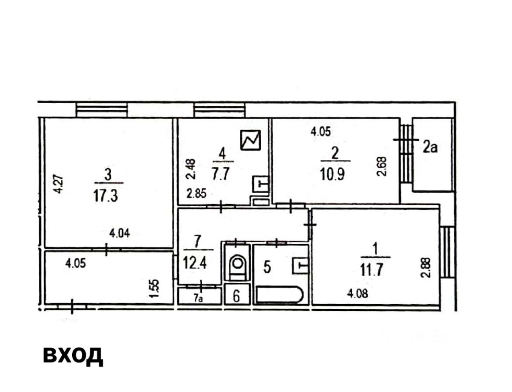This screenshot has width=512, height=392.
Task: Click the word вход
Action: coord(73,355)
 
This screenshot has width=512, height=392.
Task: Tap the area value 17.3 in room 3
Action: coord(105,197)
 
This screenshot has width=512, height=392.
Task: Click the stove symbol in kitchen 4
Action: coord(250,140)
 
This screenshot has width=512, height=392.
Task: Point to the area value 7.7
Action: coord(221,174)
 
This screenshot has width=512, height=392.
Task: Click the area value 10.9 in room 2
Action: coord(332,175)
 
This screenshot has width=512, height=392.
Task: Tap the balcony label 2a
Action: coord(430,147)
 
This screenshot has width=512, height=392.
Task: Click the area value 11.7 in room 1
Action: coord(372,270)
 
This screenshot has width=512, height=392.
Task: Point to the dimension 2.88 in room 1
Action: coord(426,268)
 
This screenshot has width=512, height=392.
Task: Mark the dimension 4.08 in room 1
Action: coord(357,294)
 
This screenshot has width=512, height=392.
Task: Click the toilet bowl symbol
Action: coord(237,264)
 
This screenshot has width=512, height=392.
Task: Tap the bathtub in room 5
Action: coord(280,295)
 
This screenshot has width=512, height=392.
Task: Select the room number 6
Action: coord(236,296)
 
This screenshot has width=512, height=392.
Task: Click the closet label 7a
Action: coord(197,298)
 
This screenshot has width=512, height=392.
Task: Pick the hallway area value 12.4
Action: coord(195,263)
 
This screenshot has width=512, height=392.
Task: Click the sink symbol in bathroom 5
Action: coord(300,265)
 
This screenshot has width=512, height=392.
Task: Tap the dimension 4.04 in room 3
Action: coord(119,233)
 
